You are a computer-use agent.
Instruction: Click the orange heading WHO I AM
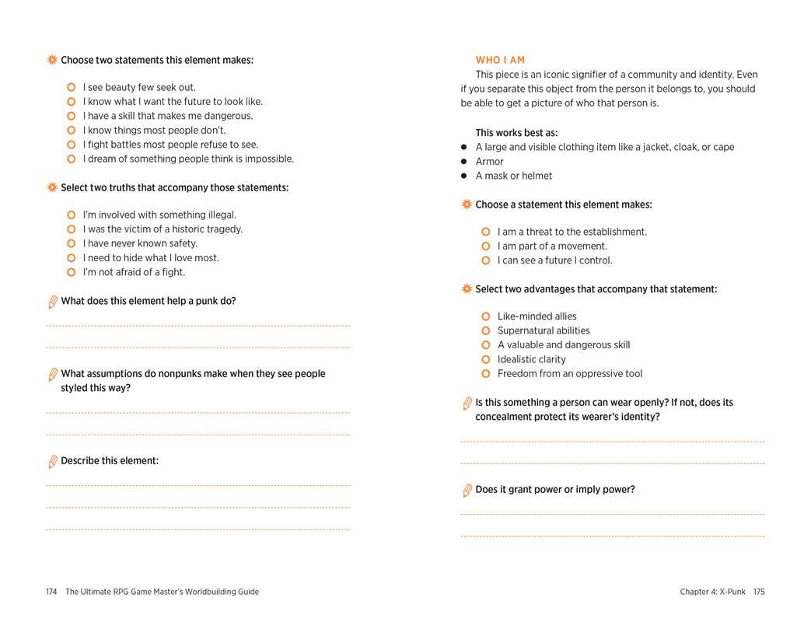(500, 61)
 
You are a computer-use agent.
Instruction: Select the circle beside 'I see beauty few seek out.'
(72, 88)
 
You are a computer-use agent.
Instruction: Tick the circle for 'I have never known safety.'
(72, 243)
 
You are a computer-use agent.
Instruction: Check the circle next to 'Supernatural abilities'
(486, 331)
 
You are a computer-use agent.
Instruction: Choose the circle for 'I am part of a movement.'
(486, 246)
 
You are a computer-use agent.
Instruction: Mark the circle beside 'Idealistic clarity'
(486, 360)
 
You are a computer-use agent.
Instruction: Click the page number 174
(51, 592)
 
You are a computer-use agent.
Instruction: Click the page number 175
(759, 592)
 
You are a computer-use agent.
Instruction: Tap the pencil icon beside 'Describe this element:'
(52, 462)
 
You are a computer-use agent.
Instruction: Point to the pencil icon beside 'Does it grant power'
(467, 491)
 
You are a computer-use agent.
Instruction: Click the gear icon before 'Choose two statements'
(52, 60)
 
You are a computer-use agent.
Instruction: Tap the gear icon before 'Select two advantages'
(467, 289)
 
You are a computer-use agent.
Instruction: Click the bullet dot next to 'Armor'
(464, 162)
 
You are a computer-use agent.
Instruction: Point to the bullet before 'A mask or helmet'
(464, 176)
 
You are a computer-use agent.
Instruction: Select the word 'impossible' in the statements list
(268, 159)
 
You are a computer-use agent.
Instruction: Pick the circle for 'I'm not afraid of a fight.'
(72, 272)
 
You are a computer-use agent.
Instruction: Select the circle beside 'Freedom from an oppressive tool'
(486, 374)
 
